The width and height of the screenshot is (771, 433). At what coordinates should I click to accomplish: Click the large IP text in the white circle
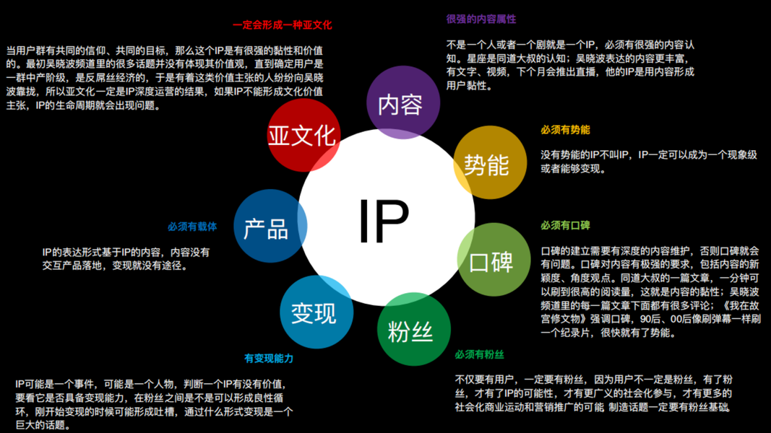(384, 220)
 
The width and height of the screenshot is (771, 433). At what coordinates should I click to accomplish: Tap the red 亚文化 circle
(302, 136)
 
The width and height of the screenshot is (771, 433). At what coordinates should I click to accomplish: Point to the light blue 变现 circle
(315, 312)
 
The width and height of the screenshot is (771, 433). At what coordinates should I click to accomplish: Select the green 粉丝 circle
(413, 331)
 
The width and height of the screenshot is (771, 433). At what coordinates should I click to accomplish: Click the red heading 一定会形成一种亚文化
(282, 25)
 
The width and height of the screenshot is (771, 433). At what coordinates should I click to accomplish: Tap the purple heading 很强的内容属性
(481, 19)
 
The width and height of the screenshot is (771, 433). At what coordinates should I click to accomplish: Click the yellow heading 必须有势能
(565, 130)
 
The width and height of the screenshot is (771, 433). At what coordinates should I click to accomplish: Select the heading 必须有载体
(192, 227)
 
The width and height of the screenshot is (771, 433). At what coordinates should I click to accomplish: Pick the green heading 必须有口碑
(565, 226)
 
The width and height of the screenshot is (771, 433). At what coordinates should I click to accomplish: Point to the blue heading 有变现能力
(269, 358)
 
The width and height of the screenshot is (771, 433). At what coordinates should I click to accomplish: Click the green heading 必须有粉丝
(479, 354)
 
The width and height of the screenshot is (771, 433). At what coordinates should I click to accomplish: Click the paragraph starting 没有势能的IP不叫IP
(648, 162)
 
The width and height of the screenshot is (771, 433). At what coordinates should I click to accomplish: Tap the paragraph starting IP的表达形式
(126, 258)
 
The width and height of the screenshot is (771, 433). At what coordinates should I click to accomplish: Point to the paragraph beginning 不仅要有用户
(593, 393)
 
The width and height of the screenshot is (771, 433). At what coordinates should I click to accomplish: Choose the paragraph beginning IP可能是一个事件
(154, 405)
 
